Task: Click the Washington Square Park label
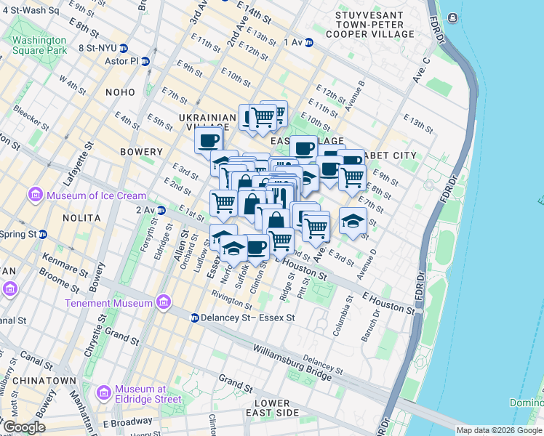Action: (x=39, y=45)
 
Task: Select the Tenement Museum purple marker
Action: (x=164, y=302)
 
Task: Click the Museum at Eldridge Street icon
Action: (x=103, y=393)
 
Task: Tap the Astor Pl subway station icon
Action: (x=145, y=62)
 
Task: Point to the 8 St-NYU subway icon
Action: (x=124, y=49)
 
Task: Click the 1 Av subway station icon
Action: (x=309, y=42)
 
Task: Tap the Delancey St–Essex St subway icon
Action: (x=195, y=318)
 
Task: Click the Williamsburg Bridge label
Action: (x=292, y=360)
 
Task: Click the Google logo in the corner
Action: (x=23, y=427)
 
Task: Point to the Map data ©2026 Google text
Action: (x=498, y=430)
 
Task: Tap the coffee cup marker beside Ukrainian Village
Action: (x=208, y=140)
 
